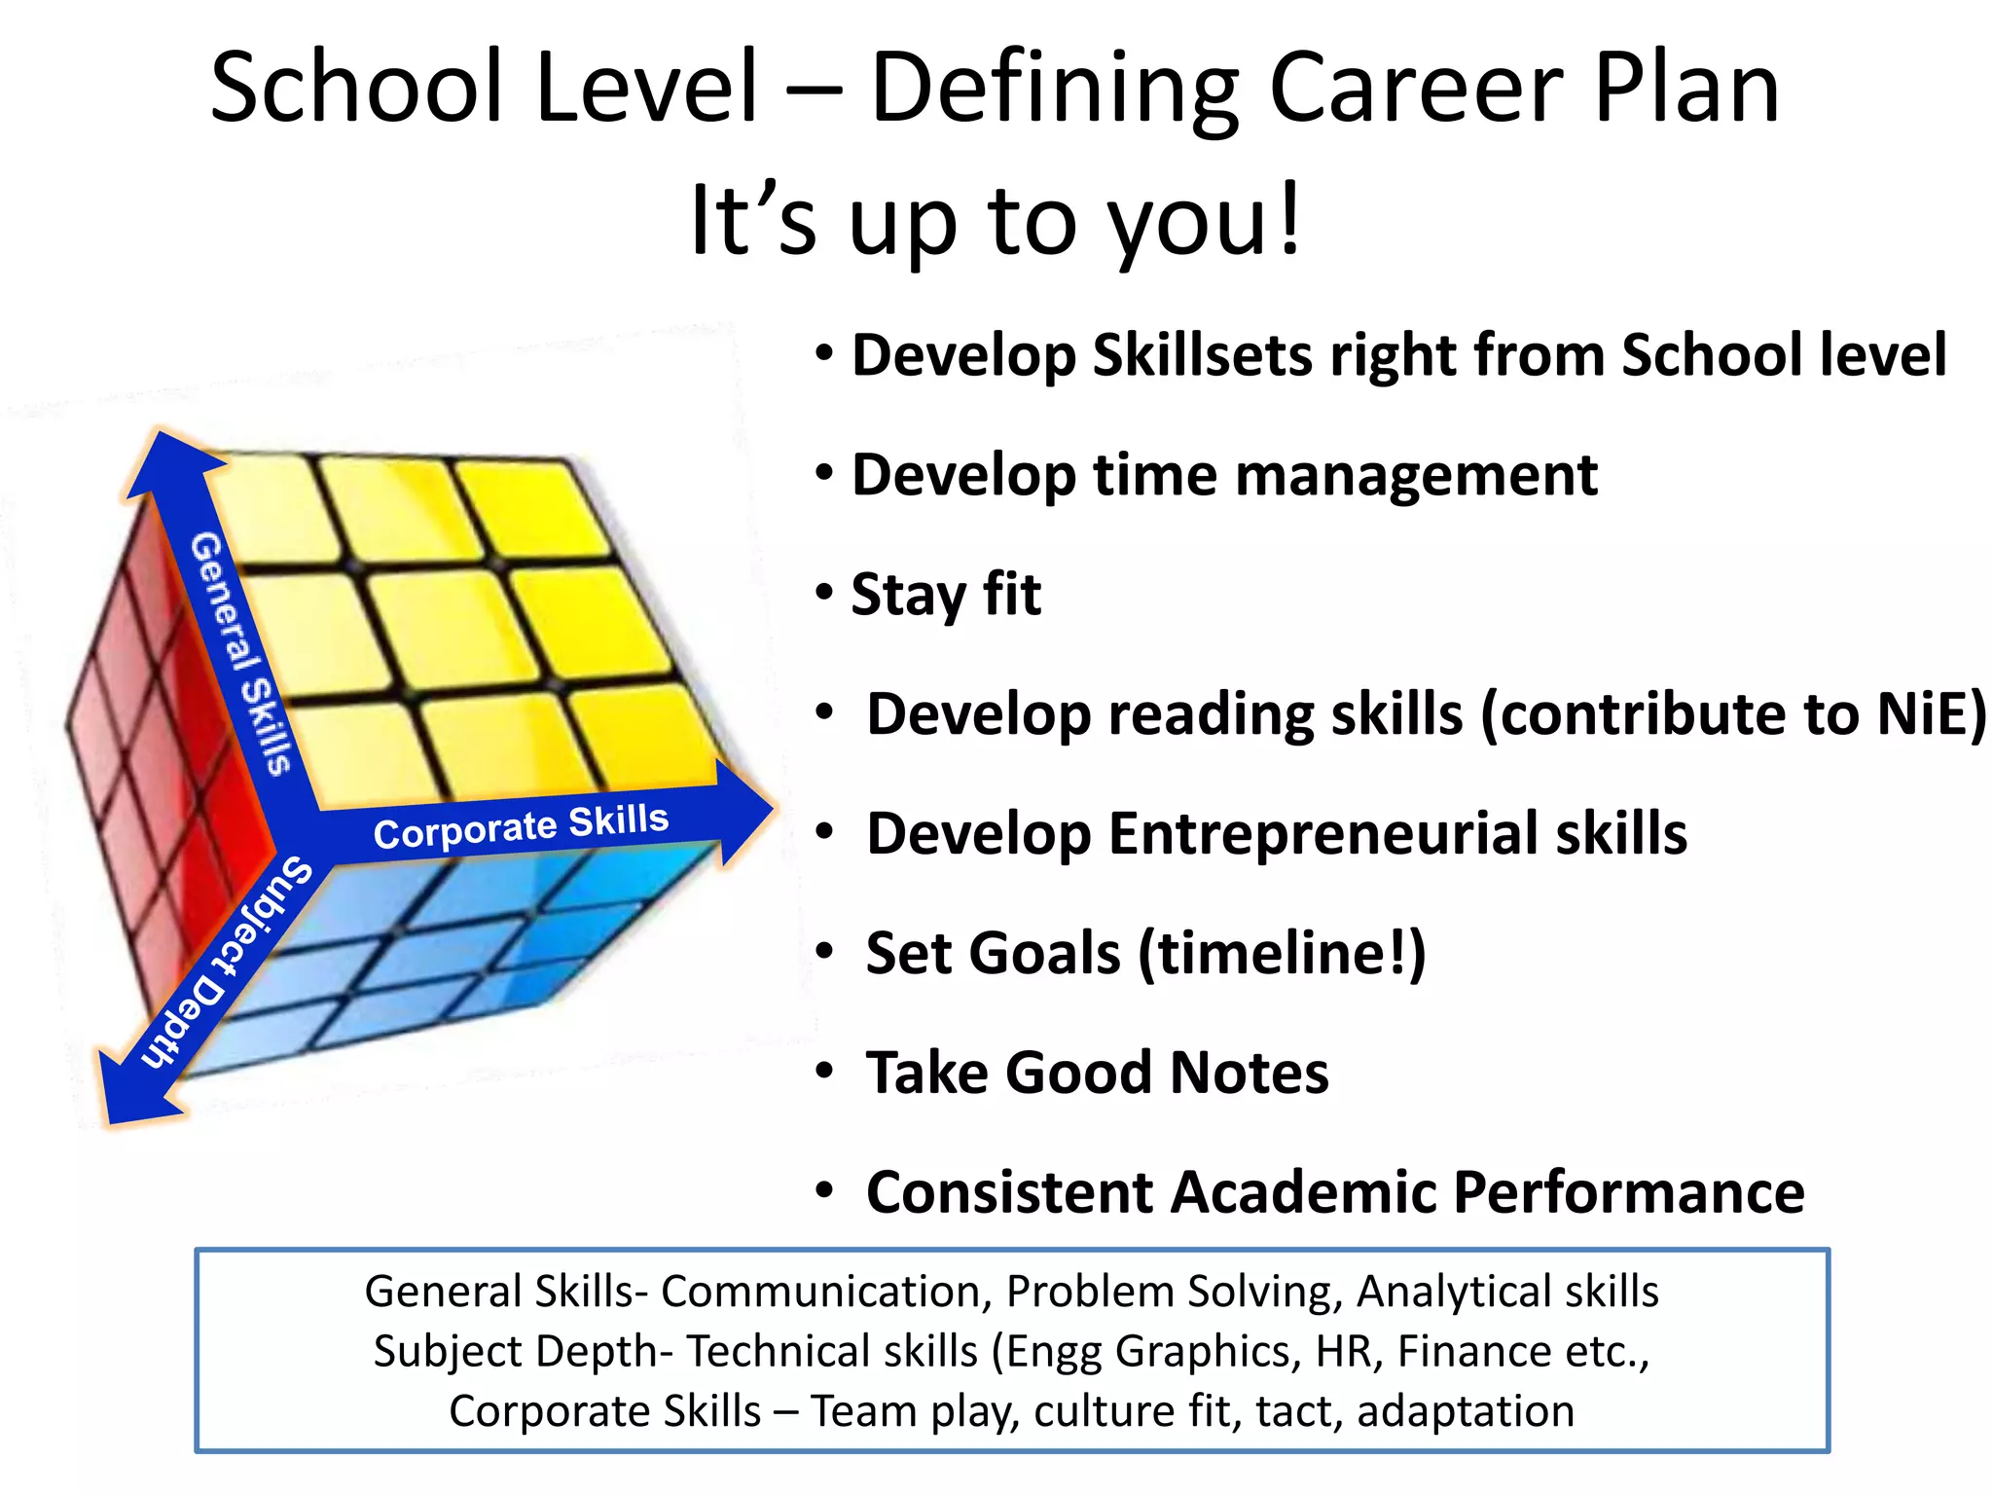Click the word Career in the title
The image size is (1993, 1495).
(1416, 90)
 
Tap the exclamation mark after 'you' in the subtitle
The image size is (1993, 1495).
(1290, 218)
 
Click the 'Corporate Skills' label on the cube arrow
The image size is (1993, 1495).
(521, 826)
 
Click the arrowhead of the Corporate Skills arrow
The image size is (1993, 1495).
(744, 812)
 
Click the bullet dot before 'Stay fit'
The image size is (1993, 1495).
(825, 592)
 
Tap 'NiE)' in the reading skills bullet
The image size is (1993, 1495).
(1931, 714)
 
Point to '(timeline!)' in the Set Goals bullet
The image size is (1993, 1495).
(1282, 954)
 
